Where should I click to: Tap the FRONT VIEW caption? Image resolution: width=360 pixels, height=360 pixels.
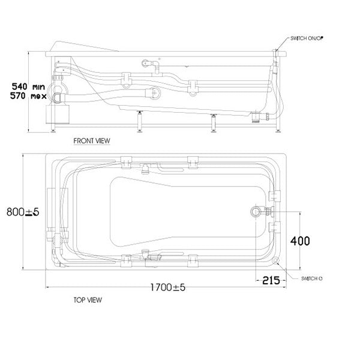[91, 141]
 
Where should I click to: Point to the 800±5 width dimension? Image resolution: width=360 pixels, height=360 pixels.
[23, 212]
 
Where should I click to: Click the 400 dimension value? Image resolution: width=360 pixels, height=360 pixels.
[300, 241]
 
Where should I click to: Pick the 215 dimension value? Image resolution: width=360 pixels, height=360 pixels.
[271, 280]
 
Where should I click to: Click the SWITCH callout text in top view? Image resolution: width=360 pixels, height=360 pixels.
[311, 278]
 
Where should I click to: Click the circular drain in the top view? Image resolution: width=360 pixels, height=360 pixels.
[257, 211]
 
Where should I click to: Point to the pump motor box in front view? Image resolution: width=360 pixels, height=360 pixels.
[62, 112]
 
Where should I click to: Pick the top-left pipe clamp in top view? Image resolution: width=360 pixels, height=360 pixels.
[126, 161]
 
